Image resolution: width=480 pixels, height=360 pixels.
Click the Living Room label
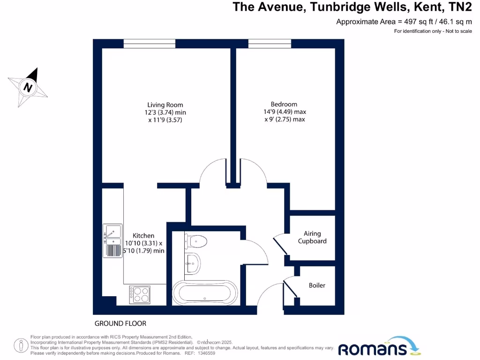165,105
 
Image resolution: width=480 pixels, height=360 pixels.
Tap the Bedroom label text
284,104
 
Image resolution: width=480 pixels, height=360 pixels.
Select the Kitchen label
143,235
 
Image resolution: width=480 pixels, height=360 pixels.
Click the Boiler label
317,285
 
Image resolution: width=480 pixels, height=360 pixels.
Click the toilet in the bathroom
196,241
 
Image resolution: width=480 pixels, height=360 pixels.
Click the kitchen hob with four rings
140,294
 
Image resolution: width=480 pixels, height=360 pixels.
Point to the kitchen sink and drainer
112,240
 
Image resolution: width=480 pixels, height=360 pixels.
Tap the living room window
150,44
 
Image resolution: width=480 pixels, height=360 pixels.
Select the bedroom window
270,44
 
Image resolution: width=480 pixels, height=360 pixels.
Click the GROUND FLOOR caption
120,323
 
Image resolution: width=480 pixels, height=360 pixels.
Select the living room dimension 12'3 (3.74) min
165,112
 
